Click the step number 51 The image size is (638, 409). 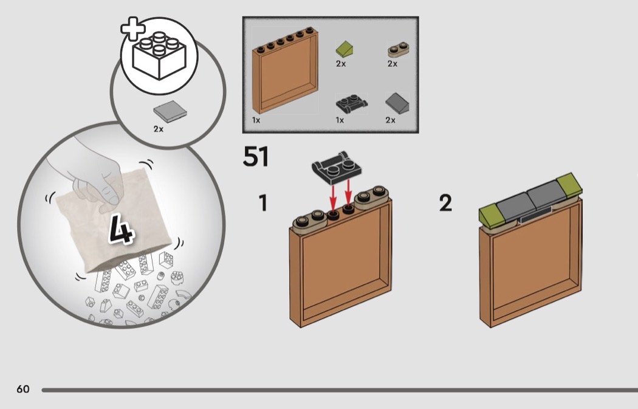tap(256, 157)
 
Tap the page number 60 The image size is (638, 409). tap(23, 389)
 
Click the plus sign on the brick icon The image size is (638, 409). tap(132, 29)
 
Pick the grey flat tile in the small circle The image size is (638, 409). tap(170, 111)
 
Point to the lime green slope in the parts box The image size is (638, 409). tap(345, 49)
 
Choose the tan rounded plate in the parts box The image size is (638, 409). tap(398, 50)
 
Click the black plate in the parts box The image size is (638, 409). tap(352, 104)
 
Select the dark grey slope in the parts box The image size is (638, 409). tap(397, 103)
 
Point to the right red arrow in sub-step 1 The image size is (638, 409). tap(348, 193)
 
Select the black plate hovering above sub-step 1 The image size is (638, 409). tap(337, 167)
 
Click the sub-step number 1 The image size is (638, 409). tap(263, 202)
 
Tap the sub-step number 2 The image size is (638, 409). tap(445, 202)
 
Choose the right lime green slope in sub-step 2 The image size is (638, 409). tap(569, 185)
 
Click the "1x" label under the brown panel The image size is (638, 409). tap(256, 120)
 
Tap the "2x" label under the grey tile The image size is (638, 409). tap(159, 129)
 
